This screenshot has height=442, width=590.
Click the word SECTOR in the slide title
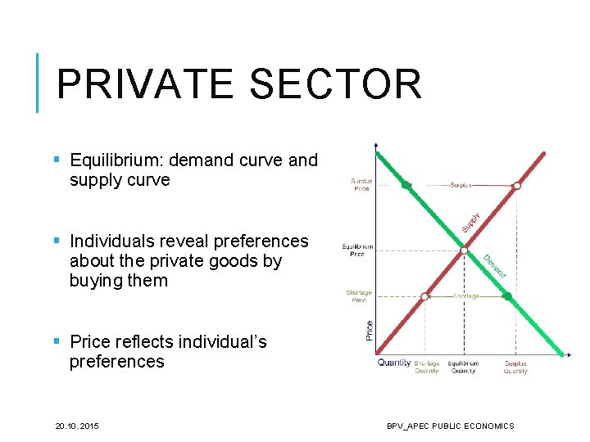(x=335, y=84)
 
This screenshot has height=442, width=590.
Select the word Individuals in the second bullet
(x=112, y=241)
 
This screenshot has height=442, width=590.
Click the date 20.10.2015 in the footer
(x=76, y=426)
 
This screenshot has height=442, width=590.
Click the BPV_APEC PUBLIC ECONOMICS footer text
(x=451, y=426)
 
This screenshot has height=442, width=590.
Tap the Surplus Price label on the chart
(x=361, y=185)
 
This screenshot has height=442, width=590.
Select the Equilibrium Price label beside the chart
(x=357, y=250)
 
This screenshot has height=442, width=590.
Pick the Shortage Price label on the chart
(x=359, y=296)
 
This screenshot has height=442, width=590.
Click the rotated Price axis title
(x=370, y=330)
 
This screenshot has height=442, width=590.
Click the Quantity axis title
(x=394, y=363)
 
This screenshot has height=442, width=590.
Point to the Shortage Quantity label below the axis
(x=426, y=368)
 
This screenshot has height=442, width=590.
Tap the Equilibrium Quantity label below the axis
(x=463, y=368)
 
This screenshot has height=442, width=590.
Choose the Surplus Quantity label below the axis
(x=515, y=368)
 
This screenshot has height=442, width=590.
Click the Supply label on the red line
(x=470, y=219)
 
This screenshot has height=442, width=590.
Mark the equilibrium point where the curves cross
(x=464, y=250)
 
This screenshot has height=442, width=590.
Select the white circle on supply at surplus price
(x=517, y=186)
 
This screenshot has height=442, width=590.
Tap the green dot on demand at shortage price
(x=507, y=296)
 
